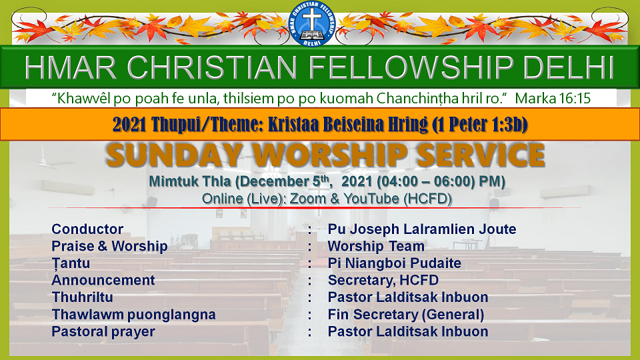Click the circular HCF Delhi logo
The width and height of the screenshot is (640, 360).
coord(312,24)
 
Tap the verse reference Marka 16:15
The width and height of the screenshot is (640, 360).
coord(553,99)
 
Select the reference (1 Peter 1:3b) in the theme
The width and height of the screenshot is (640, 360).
coord(479,125)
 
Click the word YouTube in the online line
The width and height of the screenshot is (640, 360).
coord(371,199)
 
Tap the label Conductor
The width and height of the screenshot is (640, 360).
coord(87,229)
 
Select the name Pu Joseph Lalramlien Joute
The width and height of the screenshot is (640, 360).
coord(422,229)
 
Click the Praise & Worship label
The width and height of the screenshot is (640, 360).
coord(109,246)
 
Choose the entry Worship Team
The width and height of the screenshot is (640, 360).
coord(376,246)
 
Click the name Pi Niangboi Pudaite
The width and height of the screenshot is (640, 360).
coord(394,263)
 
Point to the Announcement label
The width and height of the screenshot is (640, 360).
coord(103,280)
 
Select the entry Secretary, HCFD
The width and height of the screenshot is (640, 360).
coord(383,281)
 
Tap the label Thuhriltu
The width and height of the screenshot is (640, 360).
coord(82,297)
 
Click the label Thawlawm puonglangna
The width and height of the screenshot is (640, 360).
coord(133,315)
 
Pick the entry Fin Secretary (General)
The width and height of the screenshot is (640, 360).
coord(406,315)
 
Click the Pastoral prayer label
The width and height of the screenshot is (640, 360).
coord(103,332)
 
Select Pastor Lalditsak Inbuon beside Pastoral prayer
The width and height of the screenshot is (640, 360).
coord(408,331)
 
